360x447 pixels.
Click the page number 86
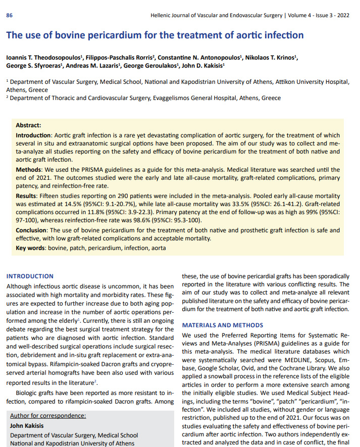tap(9, 16)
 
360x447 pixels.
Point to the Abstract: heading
tap(28, 125)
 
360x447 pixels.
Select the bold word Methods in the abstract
tap(30, 170)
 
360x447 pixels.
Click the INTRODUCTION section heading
tap(30, 276)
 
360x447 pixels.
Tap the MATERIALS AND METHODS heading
tap(223, 325)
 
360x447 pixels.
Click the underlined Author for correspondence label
tap(48, 416)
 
